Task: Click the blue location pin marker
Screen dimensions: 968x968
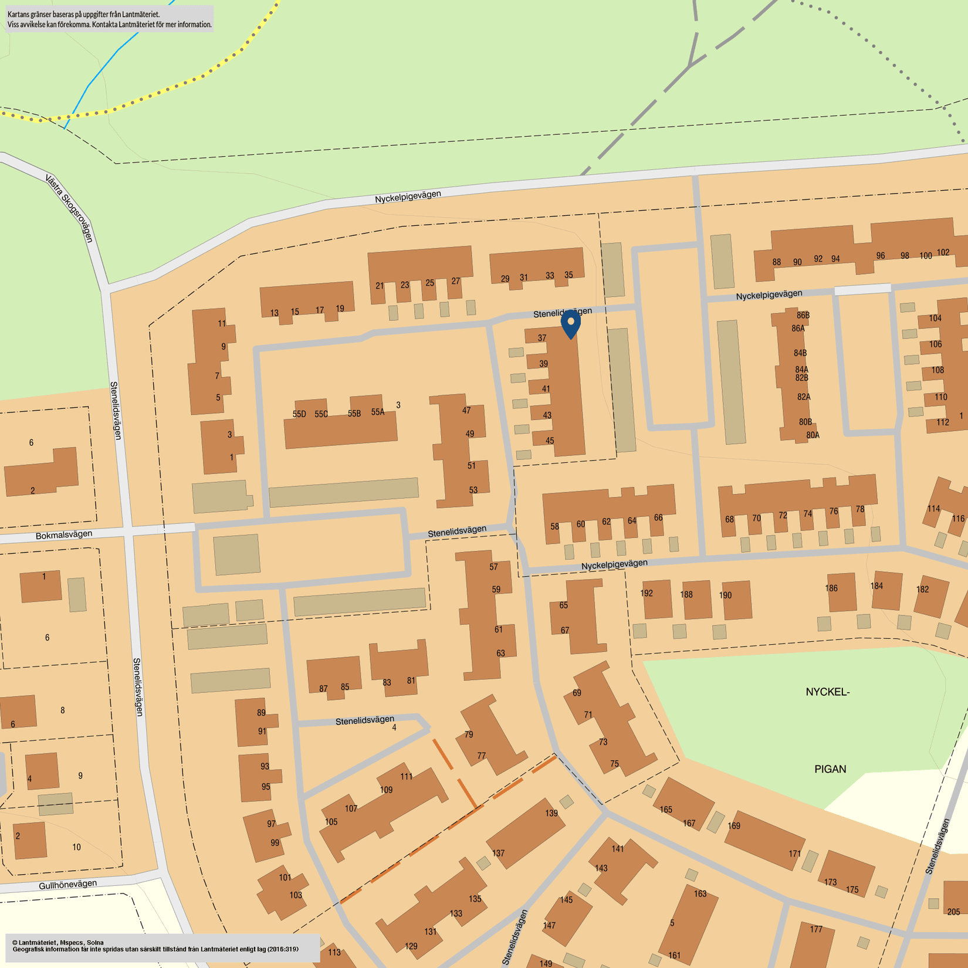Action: (570, 323)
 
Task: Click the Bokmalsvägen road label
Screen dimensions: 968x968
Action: (64, 535)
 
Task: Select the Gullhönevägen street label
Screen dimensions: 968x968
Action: (67, 884)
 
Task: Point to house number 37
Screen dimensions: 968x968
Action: (542, 338)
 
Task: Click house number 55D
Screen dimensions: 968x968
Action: (299, 414)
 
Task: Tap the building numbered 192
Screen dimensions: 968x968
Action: (647, 593)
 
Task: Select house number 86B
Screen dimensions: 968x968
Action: (803, 316)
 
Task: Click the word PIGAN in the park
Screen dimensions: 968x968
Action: (830, 769)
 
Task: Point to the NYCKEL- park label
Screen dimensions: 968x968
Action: (827, 692)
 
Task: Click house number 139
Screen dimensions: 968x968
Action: (551, 813)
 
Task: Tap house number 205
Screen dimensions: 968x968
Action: (954, 912)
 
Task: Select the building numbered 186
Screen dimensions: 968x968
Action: (831, 588)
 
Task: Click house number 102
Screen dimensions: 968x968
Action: (943, 253)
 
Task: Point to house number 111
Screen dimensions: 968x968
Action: (407, 776)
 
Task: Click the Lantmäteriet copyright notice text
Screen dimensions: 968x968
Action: (155, 946)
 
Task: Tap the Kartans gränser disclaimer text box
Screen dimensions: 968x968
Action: (110, 19)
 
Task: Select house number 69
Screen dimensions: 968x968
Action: (577, 693)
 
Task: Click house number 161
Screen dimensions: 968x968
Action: (675, 956)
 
